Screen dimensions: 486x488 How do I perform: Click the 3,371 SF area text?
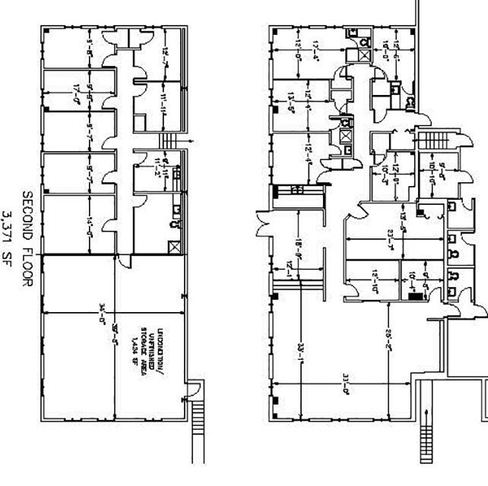pyautogui.click(x=10, y=235)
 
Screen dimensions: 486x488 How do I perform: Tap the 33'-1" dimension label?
pyautogui.click(x=301, y=354)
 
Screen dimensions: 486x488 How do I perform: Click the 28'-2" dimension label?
pyautogui.click(x=389, y=349)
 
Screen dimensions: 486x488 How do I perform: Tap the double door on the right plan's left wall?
pyautogui.click(x=263, y=226)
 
